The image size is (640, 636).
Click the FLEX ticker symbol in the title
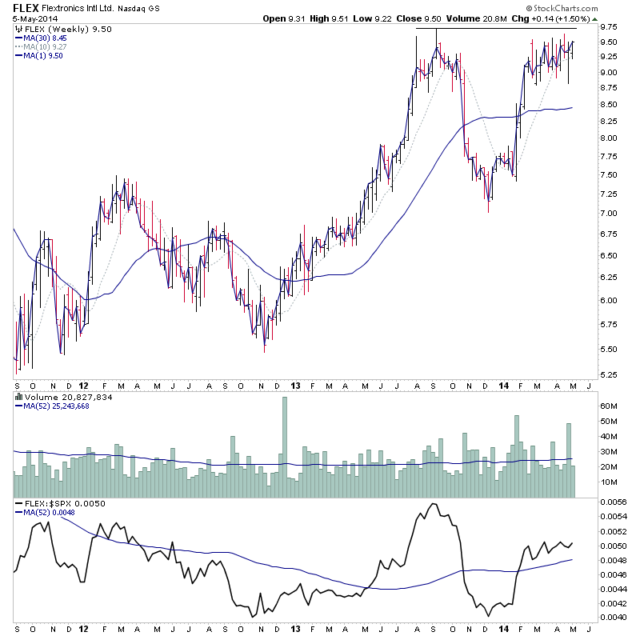tap(26, 8)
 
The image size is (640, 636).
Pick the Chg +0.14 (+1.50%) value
tap(548, 19)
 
